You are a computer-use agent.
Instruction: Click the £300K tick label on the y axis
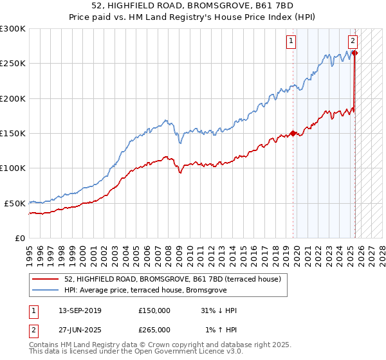(x=13, y=29)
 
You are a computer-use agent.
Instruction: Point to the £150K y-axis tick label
(x=13, y=133)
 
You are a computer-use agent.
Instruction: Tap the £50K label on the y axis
(x=15, y=203)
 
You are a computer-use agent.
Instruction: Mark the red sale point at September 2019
(x=293, y=133)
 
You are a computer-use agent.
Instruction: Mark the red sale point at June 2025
(x=355, y=53)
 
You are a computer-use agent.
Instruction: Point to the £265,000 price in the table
(x=154, y=329)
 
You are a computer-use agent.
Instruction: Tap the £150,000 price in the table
(x=154, y=310)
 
